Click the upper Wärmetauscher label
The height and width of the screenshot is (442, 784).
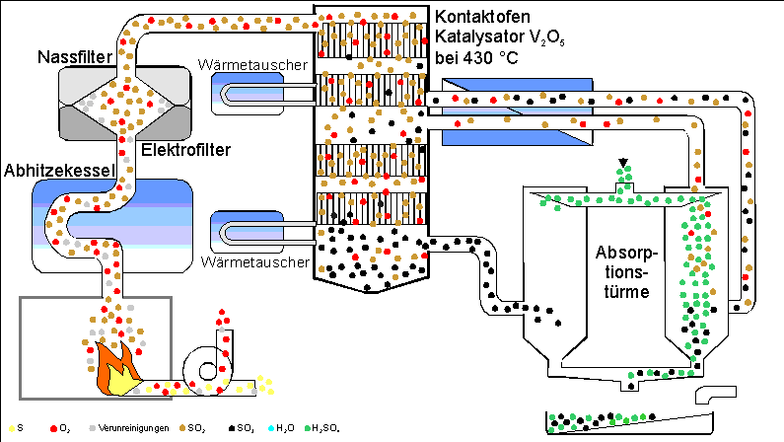pos(258,67)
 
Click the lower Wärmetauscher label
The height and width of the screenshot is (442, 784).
pos(258,264)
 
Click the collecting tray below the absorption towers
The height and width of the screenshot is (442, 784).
pos(631,421)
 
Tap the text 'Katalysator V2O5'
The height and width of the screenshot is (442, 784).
pos(489,37)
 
